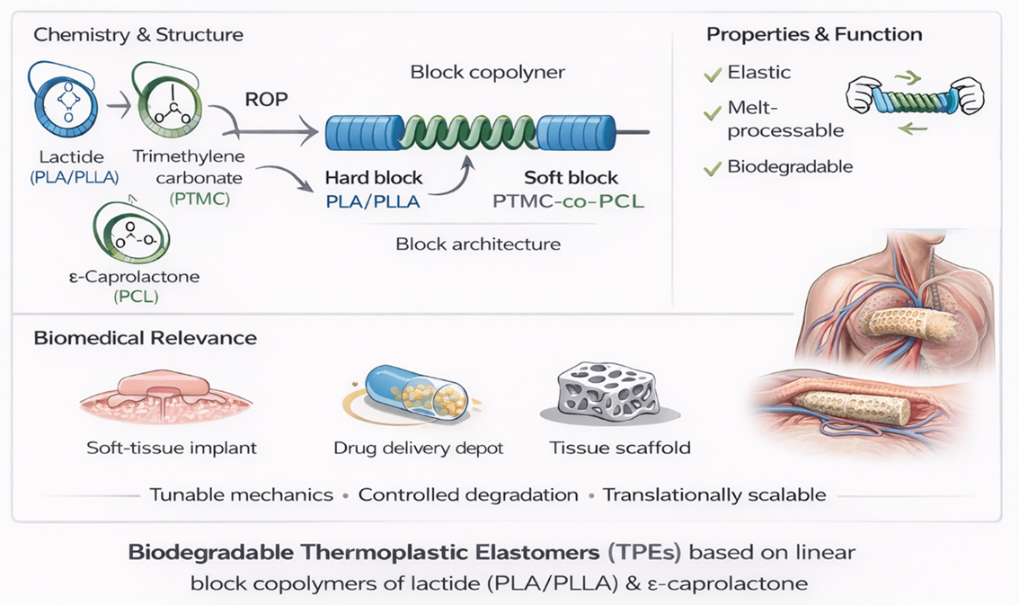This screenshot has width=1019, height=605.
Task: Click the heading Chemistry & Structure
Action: pos(138,35)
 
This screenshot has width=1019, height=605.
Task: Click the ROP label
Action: pos(266,98)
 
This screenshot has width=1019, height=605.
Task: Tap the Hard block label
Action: pos(374,178)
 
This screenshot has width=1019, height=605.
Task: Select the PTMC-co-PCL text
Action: pos(569,201)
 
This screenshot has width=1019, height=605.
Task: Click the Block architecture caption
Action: pos(478,244)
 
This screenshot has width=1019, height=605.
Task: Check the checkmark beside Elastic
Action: pos(713,75)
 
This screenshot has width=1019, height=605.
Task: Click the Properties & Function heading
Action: pos(814,35)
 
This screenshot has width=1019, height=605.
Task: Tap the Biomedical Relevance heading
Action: pos(145,338)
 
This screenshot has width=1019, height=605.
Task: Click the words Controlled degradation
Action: pos(468,494)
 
